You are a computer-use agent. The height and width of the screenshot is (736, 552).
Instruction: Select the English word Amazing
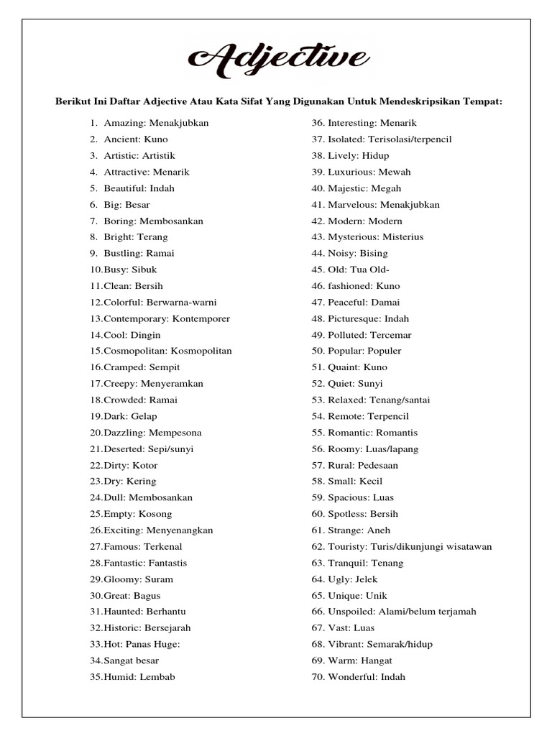[x=124, y=123]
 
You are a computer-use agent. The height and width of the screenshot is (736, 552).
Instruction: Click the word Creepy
[x=119, y=384]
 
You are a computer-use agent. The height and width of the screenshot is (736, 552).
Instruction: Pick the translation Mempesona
[x=175, y=433]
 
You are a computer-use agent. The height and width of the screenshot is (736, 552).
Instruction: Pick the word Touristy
[x=347, y=547]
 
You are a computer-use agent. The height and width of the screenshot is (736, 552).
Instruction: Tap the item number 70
[x=318, y=677]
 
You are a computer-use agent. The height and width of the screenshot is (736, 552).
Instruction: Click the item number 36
[x=318, y=123]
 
